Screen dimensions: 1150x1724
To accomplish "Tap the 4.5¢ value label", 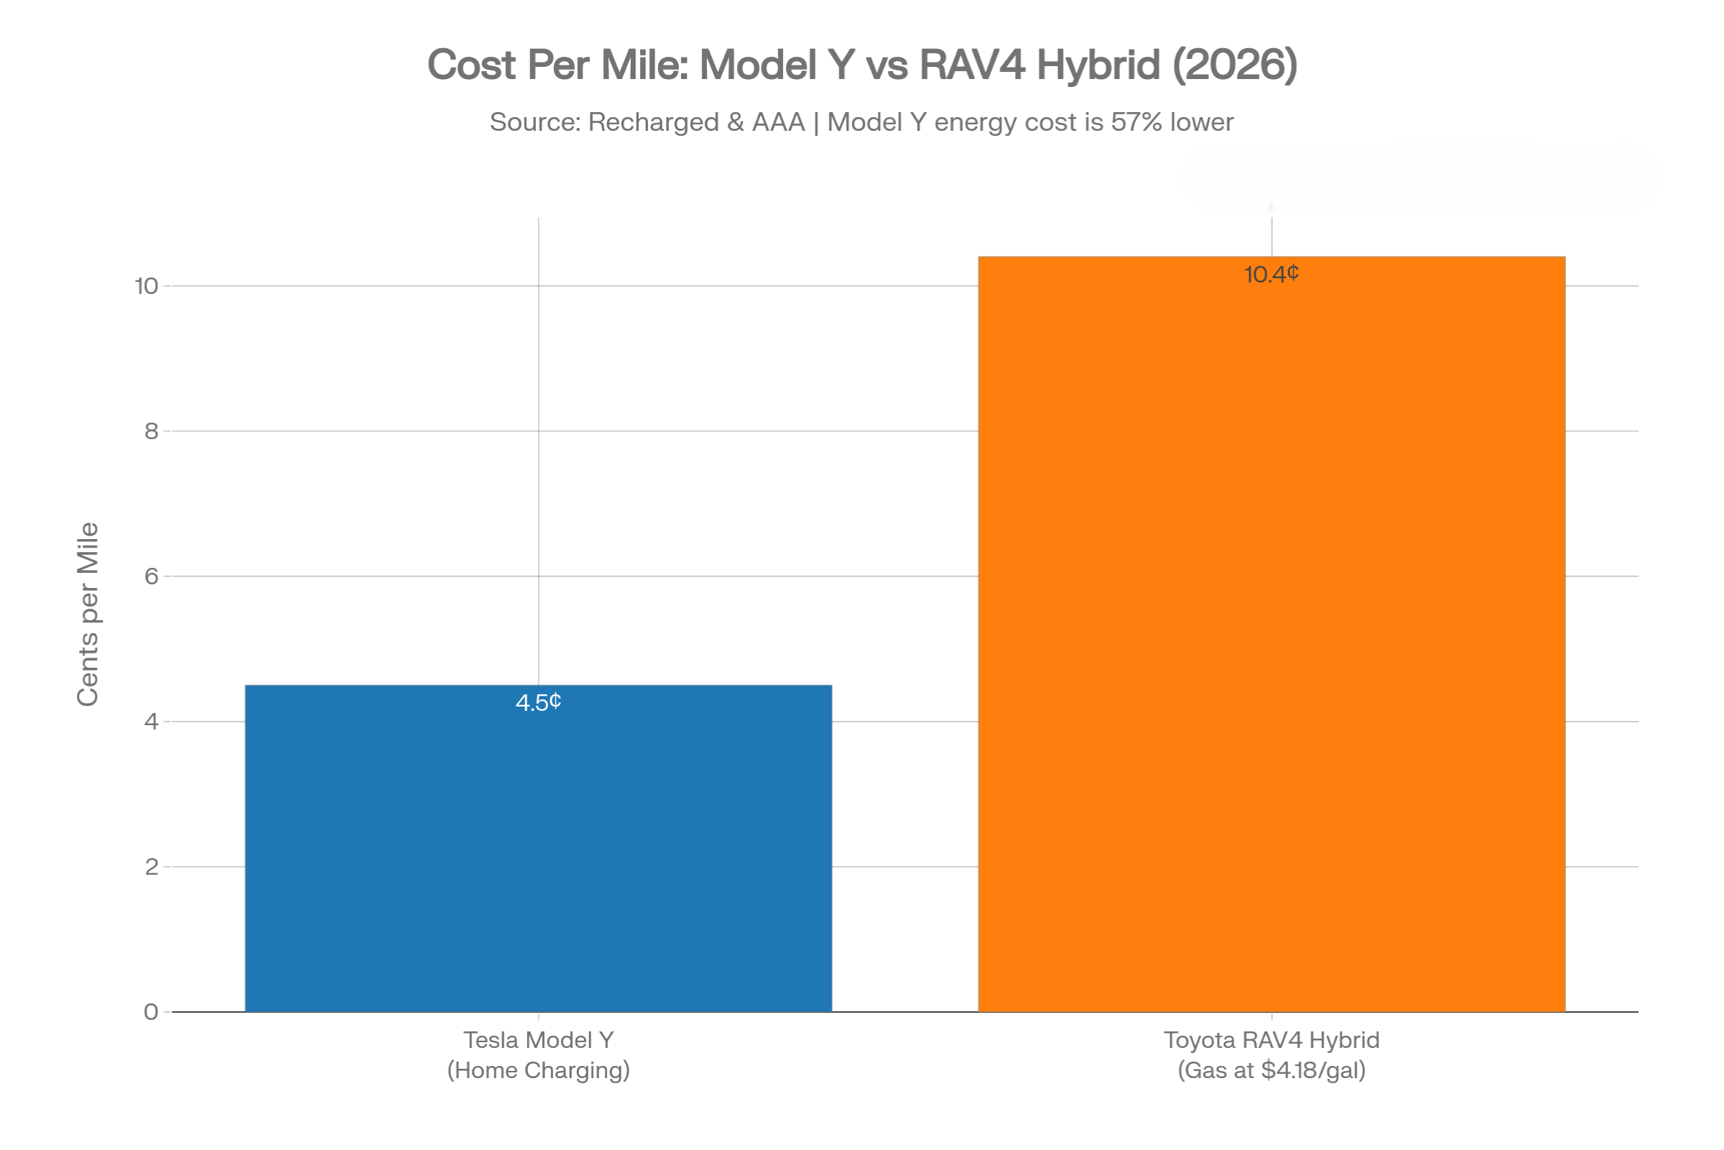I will point(538,703).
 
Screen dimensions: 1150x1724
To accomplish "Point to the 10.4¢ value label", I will point(1271,275).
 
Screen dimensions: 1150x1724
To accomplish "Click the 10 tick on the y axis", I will point(147,286).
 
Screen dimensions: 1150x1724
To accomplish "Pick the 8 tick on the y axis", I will point(151,431).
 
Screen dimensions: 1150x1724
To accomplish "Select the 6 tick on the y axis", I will point(151,576).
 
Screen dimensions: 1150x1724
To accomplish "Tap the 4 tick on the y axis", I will point(151,722).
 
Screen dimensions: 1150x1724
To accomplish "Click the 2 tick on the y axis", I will point(151,867).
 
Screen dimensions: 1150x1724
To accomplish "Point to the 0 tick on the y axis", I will point(151,1012).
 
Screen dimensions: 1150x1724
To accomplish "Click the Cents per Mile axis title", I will point(88,615).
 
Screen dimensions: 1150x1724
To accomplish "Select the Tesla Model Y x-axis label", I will point(538,1040).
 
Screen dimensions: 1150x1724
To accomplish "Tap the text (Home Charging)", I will point(538,1070).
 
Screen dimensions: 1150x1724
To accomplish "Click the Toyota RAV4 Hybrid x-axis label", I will point(1271,1040).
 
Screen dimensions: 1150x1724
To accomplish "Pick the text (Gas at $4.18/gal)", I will point(1271,1070).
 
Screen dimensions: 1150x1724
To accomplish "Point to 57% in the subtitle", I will point(1136,121).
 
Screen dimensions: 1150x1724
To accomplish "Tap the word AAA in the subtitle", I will point(778,121).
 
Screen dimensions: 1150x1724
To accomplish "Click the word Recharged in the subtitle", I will point(653,121).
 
